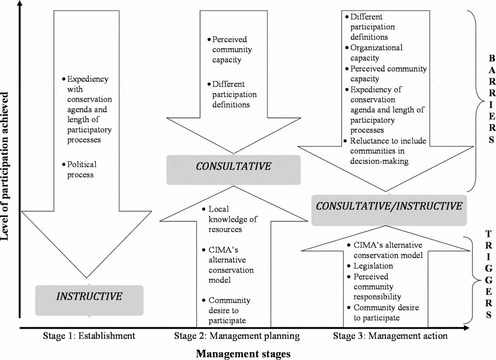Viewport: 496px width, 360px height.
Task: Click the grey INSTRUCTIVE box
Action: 89,296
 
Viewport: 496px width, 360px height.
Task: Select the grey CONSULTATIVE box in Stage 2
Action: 233,167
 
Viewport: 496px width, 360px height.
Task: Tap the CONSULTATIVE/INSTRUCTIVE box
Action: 389,206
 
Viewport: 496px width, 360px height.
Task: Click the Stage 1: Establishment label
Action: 89,336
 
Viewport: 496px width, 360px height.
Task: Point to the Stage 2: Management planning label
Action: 237,336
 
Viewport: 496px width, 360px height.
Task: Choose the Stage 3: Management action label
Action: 390,336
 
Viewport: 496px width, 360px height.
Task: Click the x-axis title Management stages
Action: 243,354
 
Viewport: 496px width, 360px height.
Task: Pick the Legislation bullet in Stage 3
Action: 373,266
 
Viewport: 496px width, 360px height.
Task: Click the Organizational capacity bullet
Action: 376,53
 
